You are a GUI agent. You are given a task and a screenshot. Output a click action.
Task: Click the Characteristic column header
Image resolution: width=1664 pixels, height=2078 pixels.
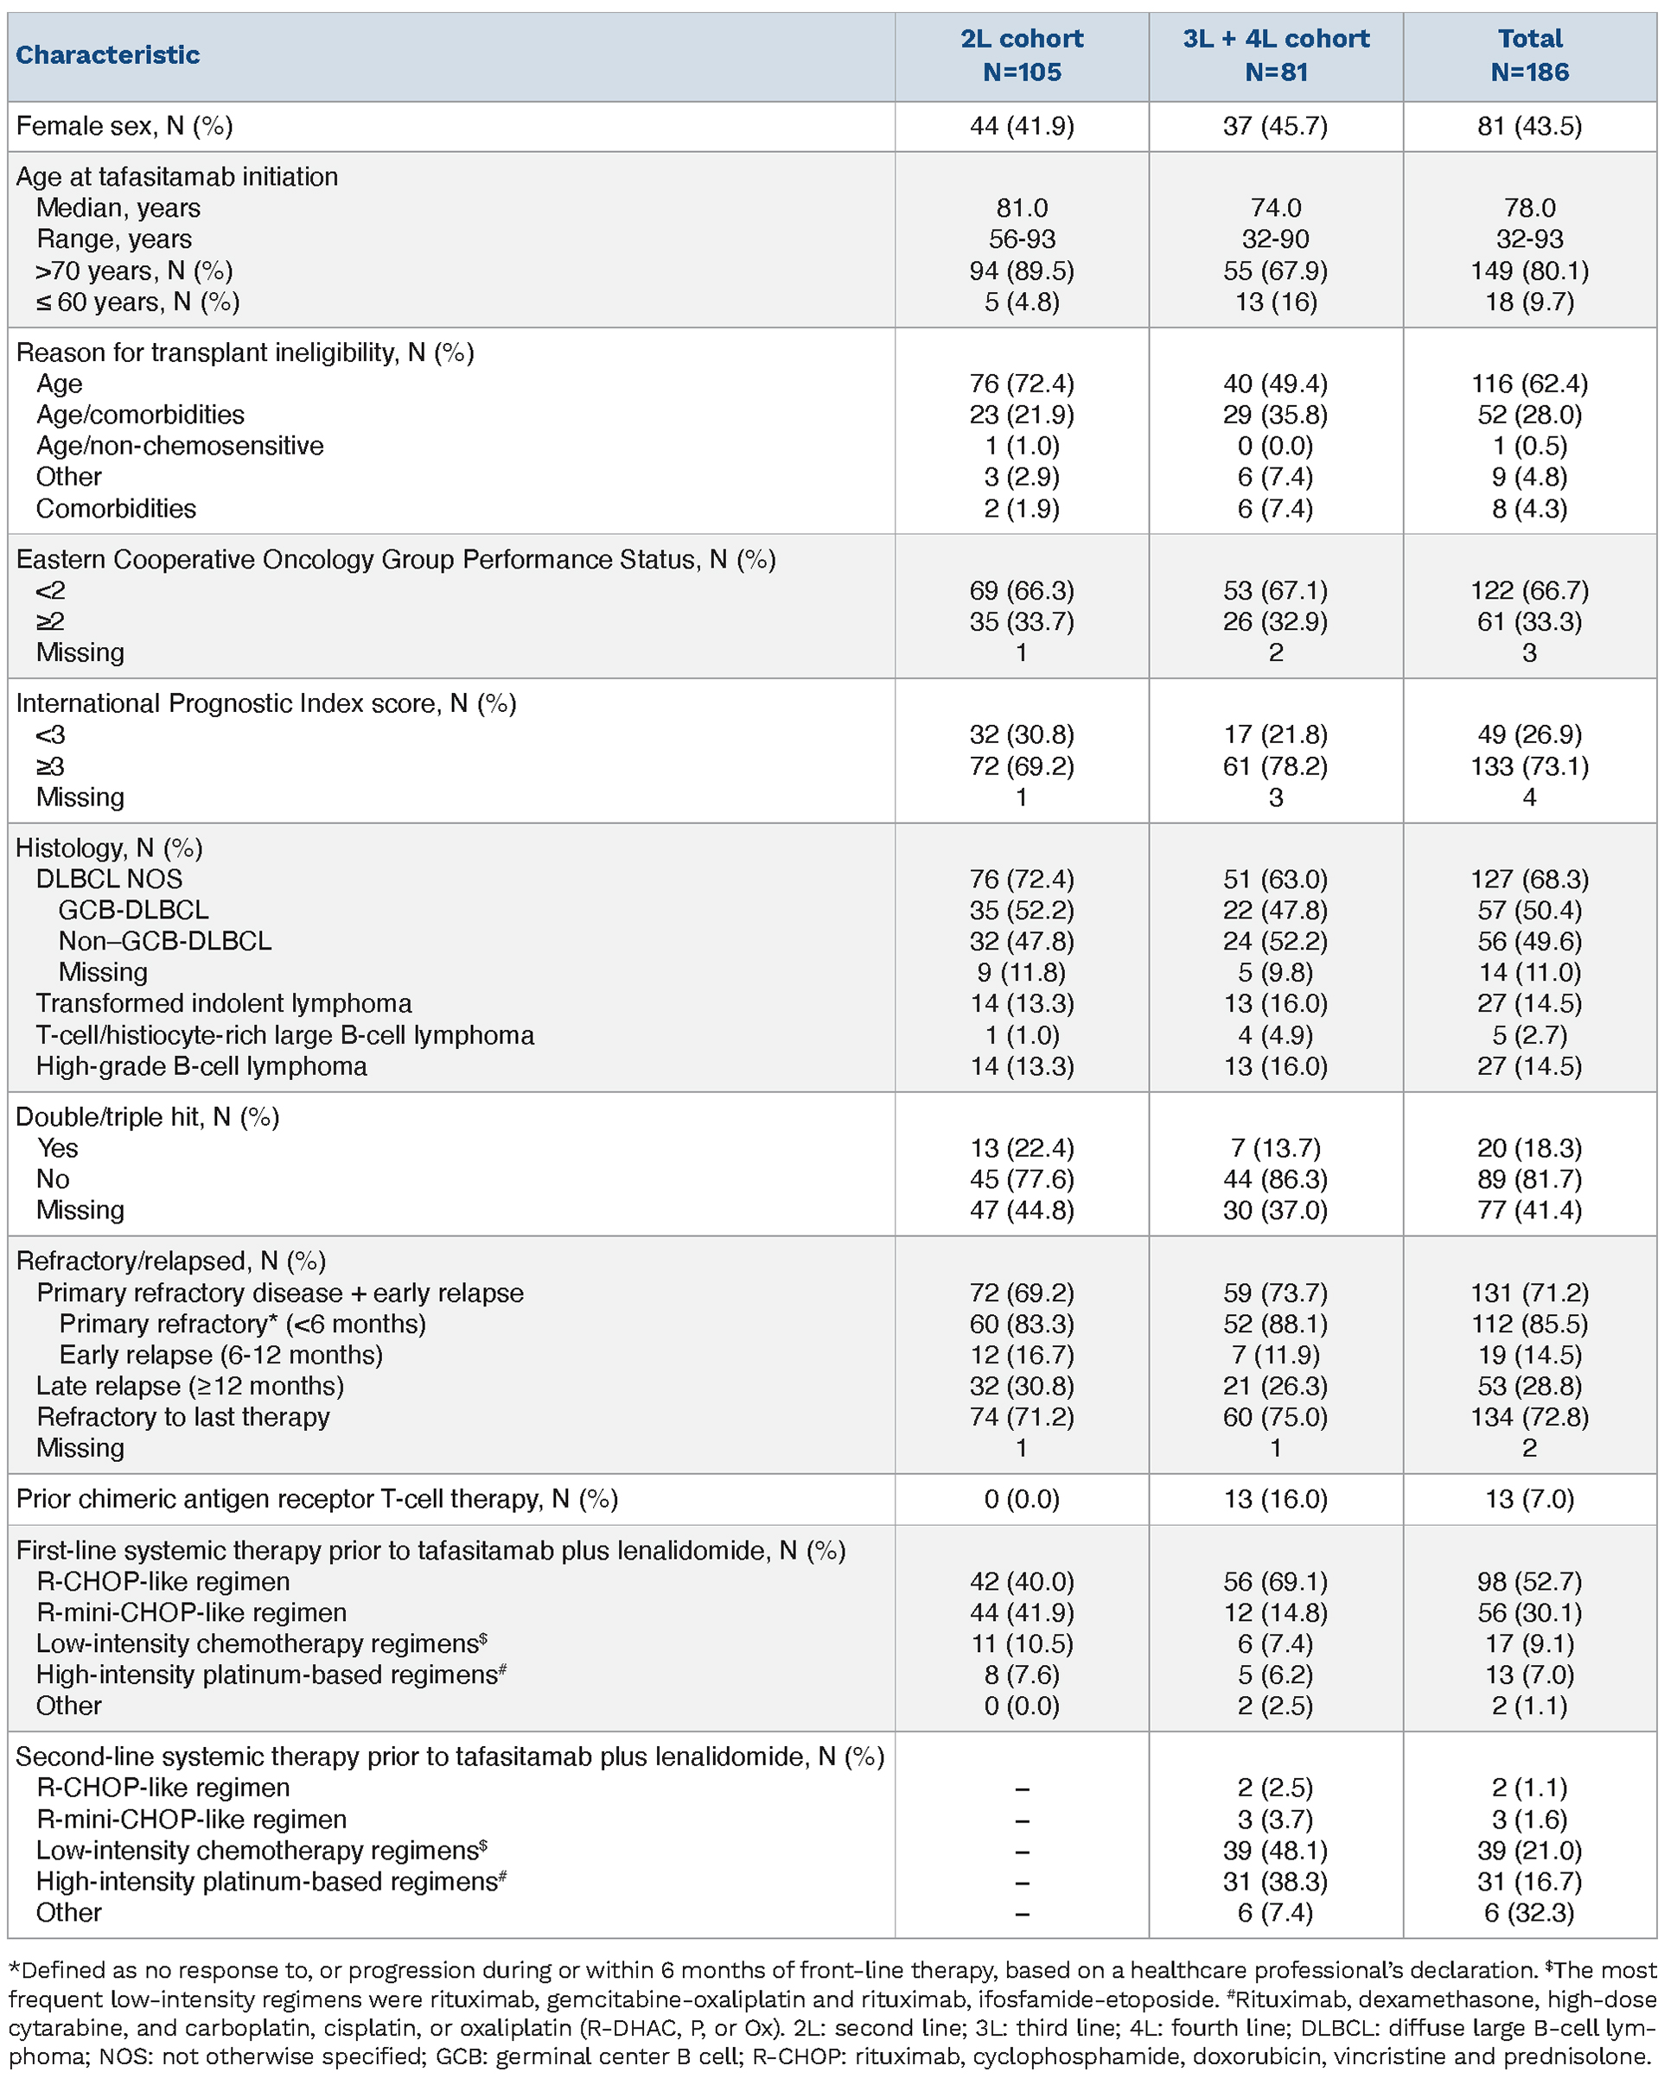pyautogui.click(x=108, y=55)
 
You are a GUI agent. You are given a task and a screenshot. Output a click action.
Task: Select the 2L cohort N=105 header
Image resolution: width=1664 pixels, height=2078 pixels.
pyautogui.click(x=1021, y=55)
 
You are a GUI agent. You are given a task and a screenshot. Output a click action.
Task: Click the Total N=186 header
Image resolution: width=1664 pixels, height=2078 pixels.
pyautogui.click(x=1529, y=55)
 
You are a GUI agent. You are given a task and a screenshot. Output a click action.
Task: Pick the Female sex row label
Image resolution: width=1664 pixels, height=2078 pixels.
pyautogui.click(x=124, y=126)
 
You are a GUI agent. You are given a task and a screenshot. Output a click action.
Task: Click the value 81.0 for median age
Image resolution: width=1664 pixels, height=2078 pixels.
pyautogui.click(x=1021, y=208)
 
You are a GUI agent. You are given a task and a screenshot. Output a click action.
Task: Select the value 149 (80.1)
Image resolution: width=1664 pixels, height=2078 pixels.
pyautogui.click(x=1529, y=270)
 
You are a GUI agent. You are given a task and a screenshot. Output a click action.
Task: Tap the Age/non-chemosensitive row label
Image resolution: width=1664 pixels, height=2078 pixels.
pyautogui.click(x=179, y=445)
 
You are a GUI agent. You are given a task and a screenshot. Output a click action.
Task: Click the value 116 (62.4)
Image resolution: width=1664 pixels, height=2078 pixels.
pyautogui.click(x=1529, y=384)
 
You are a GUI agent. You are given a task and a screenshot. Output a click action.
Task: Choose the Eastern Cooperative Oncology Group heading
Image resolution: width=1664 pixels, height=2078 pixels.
pyautogui.click(x=395, y=559)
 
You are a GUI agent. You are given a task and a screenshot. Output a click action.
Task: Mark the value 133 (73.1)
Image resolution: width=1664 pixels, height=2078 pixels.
pyautogui.click(x=1529, y=766)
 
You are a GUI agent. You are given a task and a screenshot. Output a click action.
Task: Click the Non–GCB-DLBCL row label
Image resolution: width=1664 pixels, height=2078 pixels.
pyautogui.click(x=165, y=941)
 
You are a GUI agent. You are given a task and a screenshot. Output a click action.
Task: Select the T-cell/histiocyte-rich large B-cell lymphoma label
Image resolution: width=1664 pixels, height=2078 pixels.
pyautogui.click(x=284, y=1035)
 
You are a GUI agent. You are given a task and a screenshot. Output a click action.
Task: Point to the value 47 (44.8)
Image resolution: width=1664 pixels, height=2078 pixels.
pyautogui.click(x=1021, y=1210)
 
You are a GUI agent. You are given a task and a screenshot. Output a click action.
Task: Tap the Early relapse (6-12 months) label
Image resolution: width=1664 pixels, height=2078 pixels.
pyautogui.click(x=220, y=1354)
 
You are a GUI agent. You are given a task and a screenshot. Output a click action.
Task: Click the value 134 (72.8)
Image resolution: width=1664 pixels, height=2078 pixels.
pyautogui.click(x=1529, y=1417)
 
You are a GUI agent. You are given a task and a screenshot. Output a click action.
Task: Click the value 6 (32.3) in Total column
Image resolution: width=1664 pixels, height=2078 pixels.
pyautogui.click(x=1529, y=1912)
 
